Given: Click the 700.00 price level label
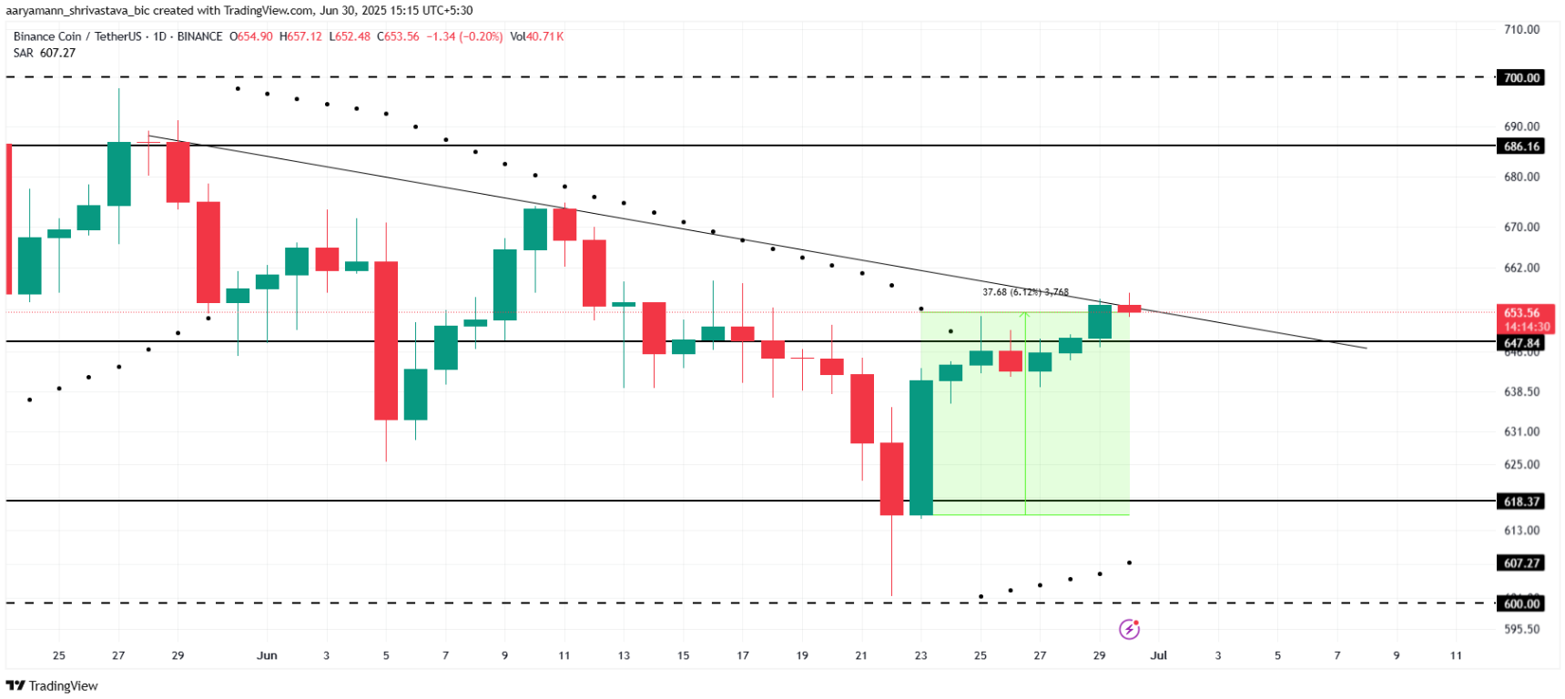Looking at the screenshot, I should [1521, 78].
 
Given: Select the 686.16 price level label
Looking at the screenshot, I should [1521, 147].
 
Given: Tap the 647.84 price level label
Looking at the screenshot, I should [1521, 343].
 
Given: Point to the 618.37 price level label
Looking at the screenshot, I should [1521, 501].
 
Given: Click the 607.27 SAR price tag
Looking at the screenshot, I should [1521, 563].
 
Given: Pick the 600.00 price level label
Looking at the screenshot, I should [1521, 603].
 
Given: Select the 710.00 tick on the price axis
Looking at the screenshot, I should [1521, 29].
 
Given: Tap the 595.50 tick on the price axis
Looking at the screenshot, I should [1521, 629].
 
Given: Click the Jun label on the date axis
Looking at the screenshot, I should [267, 655].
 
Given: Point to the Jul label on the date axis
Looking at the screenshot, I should [1158, 655].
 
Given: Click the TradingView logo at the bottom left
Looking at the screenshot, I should [52, 685].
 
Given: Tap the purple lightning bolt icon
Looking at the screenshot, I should [1129, 629].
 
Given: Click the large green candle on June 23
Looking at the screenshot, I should [921, 448].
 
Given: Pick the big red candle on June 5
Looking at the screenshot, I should [386, 341].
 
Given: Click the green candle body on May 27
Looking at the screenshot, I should [118, 174].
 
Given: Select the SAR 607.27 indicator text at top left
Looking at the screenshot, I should [45, 53].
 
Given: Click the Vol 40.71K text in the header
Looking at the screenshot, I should [537, 36].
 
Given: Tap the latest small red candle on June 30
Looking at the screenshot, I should [1129, 309].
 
